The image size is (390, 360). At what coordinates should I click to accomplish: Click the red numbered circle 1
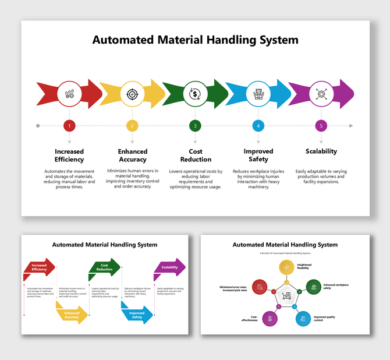tap(69, 125)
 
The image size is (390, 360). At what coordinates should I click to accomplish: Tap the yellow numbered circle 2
tap(132, 125)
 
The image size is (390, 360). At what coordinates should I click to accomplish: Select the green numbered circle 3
tap(195, 125)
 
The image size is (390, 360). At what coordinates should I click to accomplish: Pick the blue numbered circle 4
tap(258, 125)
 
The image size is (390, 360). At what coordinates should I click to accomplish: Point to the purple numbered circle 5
tap(321, 125)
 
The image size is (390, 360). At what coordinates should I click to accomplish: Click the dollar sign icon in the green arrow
tap(195, 94)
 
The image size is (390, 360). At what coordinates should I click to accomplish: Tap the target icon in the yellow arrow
tap(132, 94)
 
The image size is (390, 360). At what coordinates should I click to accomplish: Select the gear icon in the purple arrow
tap(321, 94)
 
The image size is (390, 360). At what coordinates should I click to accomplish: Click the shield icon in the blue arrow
tap(258, 94)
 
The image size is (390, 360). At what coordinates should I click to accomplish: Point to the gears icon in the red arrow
tap(69, 94)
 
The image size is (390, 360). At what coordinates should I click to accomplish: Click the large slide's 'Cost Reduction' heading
tap(196, 155)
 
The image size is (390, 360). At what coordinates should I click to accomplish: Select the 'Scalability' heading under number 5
tap(321, 151)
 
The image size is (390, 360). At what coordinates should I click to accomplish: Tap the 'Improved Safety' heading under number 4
tap(258, 155)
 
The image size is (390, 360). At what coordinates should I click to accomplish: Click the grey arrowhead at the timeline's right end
tap(350, 125)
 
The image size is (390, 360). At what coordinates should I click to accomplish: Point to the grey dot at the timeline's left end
tap(38, 125)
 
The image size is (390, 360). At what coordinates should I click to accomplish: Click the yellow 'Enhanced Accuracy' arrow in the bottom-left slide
tap(72, 315)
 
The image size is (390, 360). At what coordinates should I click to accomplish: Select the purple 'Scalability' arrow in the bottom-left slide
tap(169, 267)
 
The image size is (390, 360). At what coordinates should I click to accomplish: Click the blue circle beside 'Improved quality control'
tap(302, 318)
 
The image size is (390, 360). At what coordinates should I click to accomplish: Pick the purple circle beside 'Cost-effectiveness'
tap(268, 318)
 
